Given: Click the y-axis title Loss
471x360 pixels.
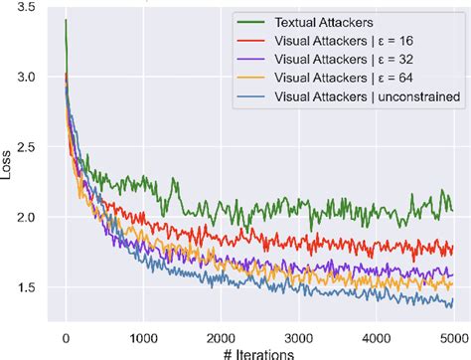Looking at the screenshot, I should (9, 162).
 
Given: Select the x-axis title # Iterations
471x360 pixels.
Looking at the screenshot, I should (258, 352).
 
